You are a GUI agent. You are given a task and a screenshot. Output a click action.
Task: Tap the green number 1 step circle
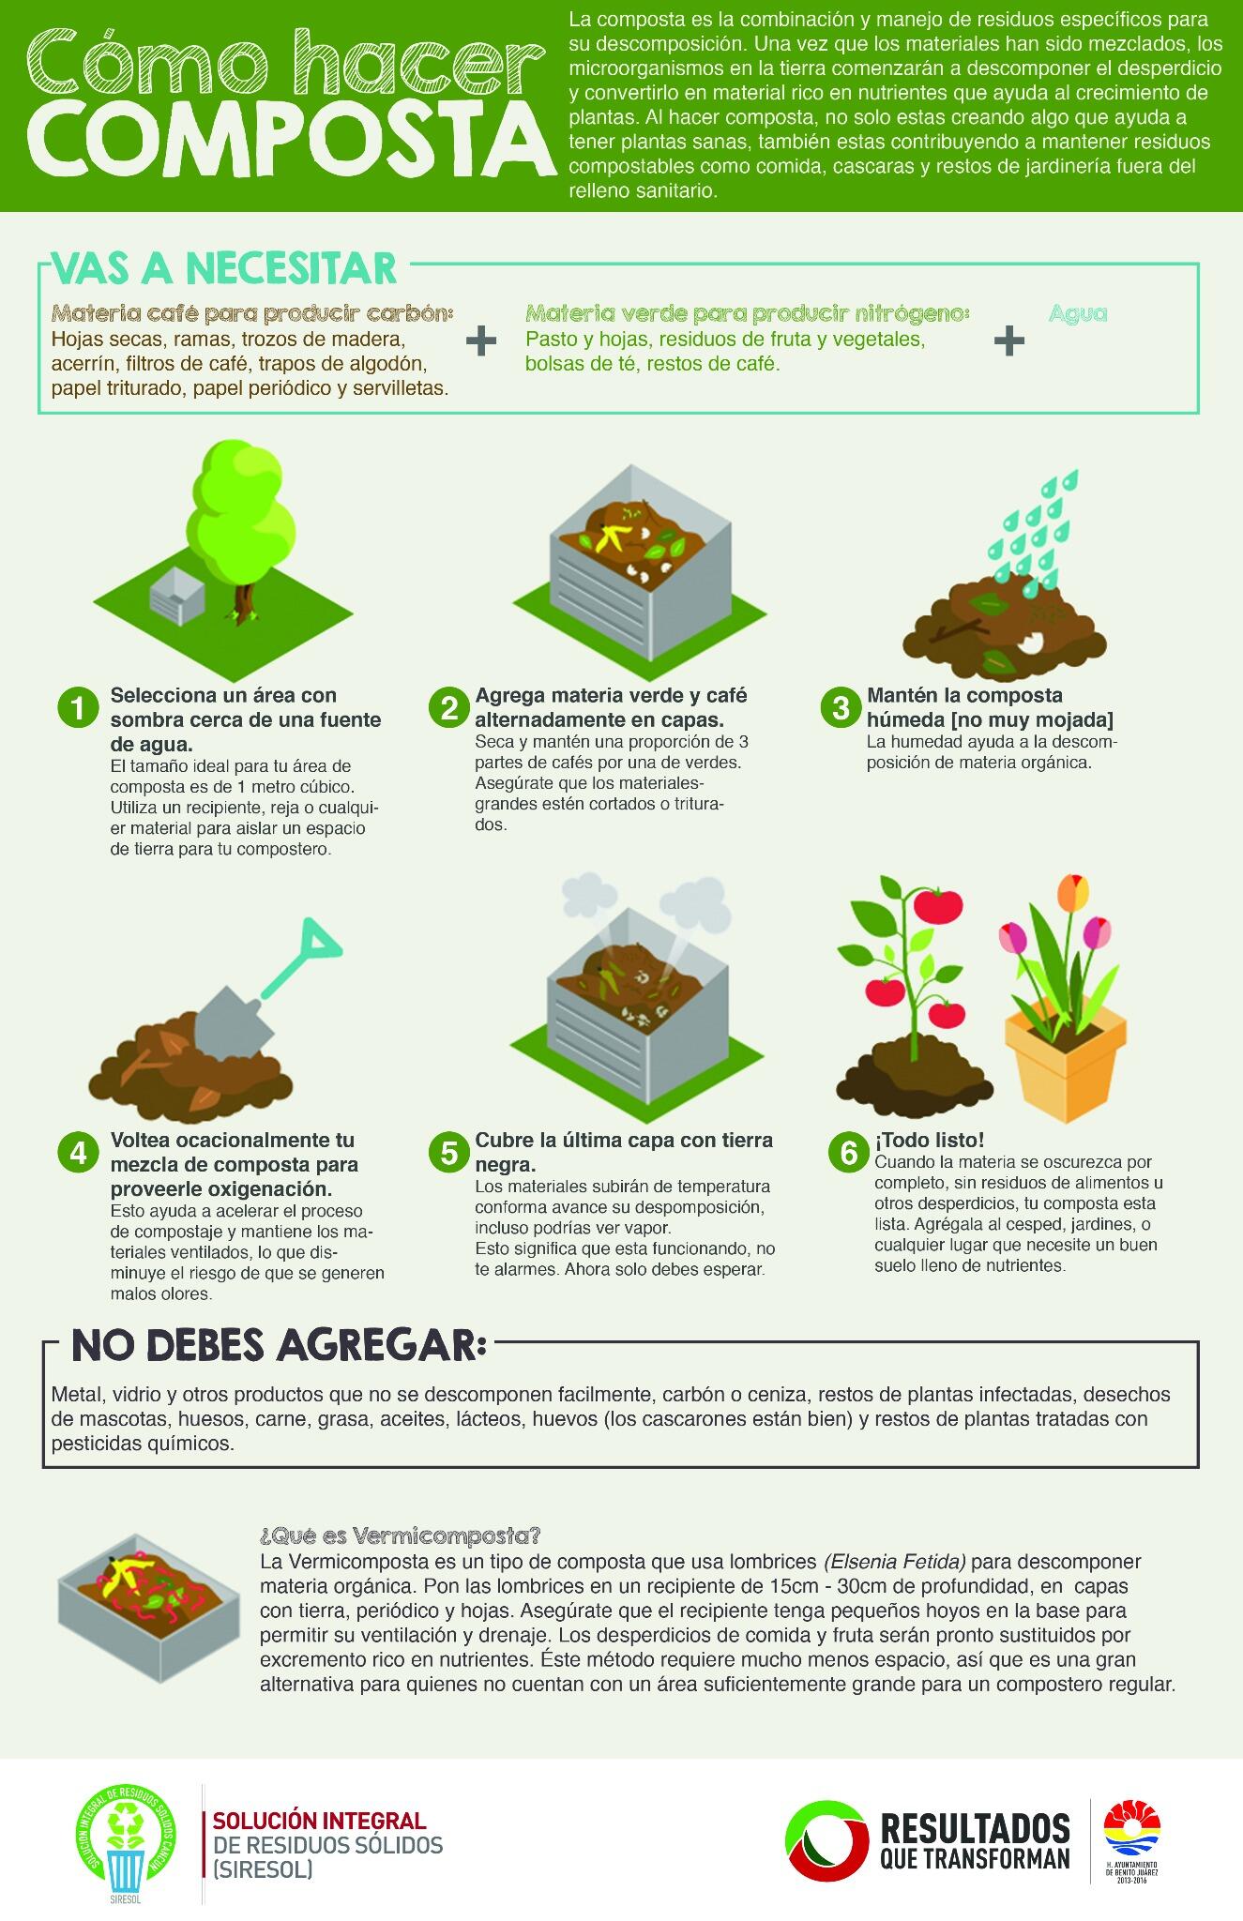tap(78, 707)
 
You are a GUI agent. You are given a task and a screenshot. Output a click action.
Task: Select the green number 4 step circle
tap(78, 1152)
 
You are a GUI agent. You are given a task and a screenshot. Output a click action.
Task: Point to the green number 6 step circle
tap(848, 1152)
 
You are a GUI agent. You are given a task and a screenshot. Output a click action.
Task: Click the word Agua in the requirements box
tap(1078, 313)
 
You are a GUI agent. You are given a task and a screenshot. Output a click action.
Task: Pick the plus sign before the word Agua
tap(1009, 340)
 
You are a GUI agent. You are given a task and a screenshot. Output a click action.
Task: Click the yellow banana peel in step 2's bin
tap(612, 537)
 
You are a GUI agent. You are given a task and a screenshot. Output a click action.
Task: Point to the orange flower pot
tap(1065, 1060)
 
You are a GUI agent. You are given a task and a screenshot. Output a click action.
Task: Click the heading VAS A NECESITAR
tap(224, 268)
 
